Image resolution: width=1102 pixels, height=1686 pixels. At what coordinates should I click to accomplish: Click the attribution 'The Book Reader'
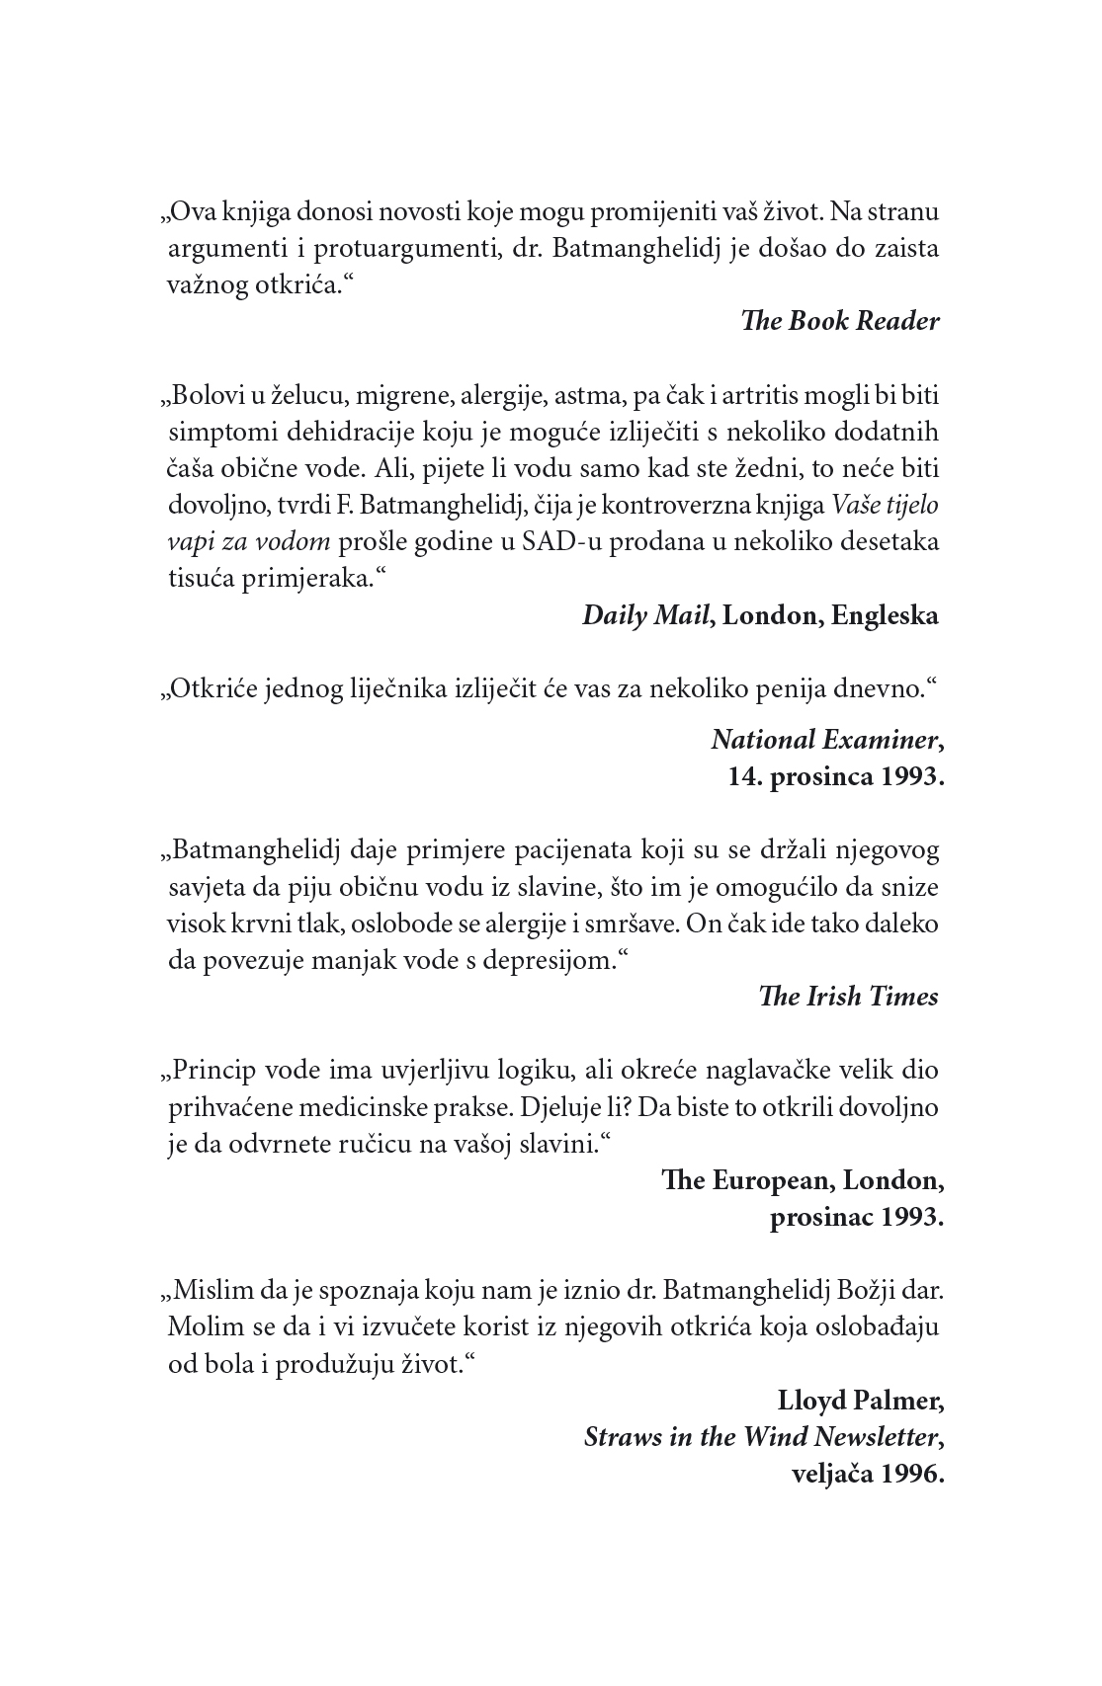(x=839, y=322)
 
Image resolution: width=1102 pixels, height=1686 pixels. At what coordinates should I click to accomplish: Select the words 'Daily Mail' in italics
(x=646, y=615)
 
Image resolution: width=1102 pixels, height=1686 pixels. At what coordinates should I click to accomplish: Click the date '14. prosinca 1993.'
(x=836, y=776)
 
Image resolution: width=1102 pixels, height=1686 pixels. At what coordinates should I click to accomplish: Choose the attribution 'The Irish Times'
(x=847, y=997)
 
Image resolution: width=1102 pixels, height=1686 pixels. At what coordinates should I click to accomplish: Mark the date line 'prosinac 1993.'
(x=856, y=1217)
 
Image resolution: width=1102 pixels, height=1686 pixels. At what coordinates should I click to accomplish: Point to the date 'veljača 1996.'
(x=868, y=1474)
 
